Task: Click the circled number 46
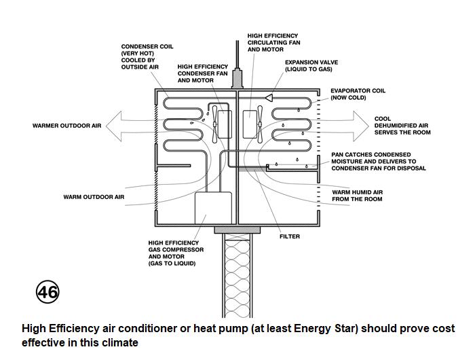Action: (x=47, y=292)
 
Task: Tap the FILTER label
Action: (x=289, y=237)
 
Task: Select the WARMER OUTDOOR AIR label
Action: (x=66, y=126)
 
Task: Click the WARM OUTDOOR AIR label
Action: (x=94, y=197)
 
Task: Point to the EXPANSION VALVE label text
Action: (x=311, y=66)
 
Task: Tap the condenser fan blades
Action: (x=214, y=123)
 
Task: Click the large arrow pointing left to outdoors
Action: (x=132, y=125)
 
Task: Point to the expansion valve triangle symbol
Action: (x=270, y=97)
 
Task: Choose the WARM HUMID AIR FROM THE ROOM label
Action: (x=357, y=196)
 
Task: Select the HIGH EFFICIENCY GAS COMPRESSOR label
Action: (x=174, y=253)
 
